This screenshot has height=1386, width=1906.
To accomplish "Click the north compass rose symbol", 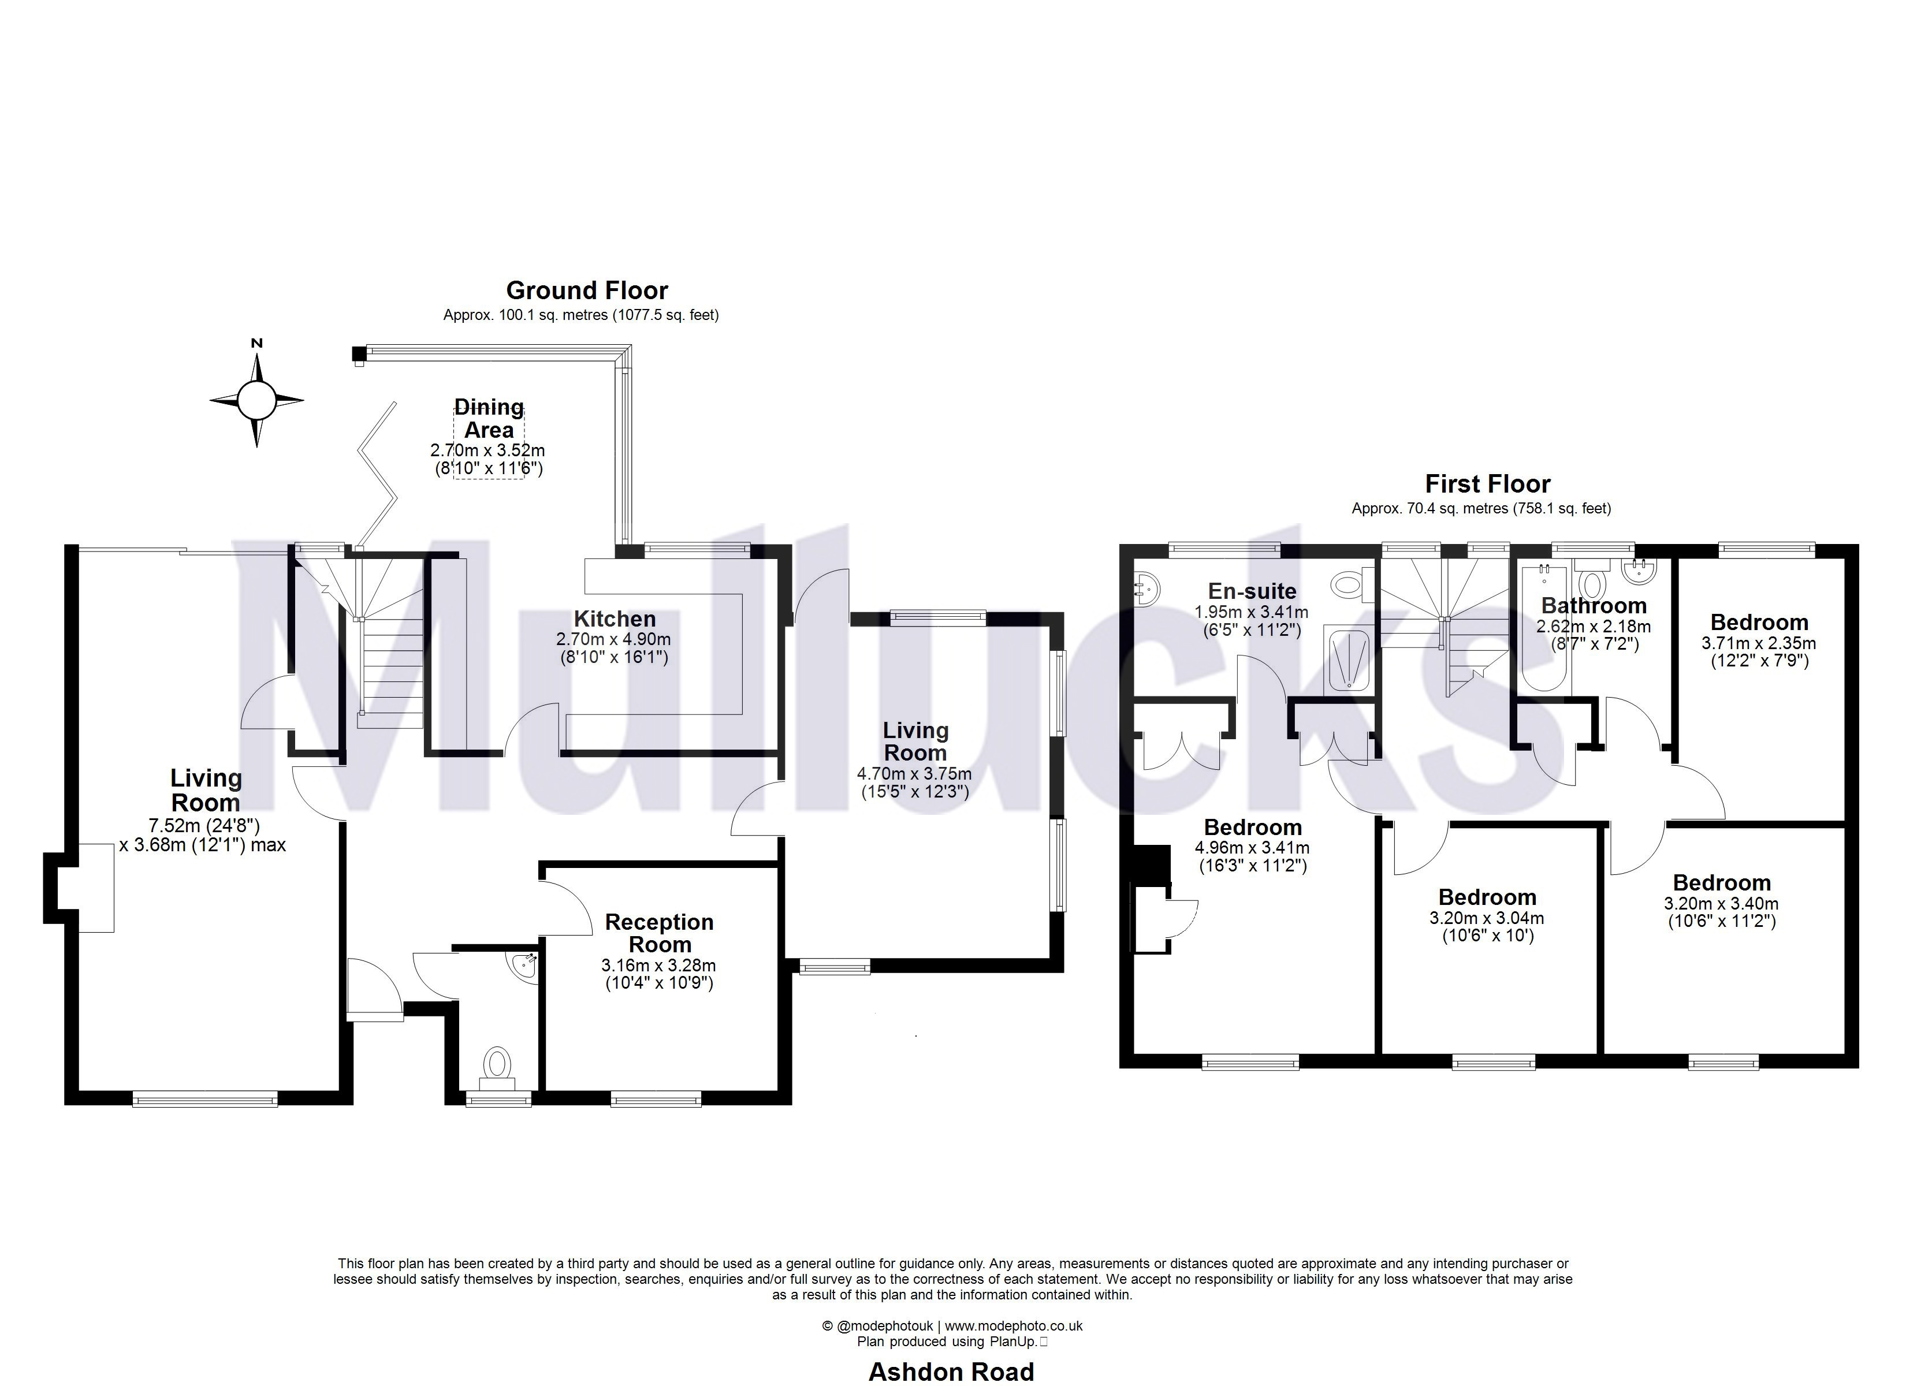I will coord(256,400).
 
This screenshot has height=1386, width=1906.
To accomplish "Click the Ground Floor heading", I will coord(587,291).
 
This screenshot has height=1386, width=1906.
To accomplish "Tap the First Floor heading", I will coord(1487,484).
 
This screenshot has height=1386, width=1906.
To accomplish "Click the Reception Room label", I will coord(659,933).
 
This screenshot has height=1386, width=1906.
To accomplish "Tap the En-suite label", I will coord(1252,591).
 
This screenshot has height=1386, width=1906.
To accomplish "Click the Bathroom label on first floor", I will coord(1594,606).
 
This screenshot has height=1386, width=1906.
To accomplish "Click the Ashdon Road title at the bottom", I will coord(951,1372).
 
